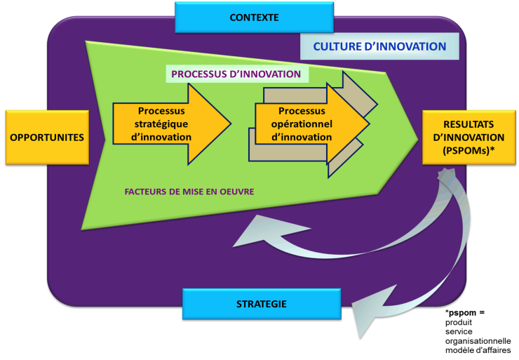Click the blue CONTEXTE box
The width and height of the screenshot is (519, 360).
coord(254,18)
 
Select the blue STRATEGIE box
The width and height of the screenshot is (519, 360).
coord(262,304)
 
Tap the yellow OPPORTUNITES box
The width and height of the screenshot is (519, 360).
coord(47,138)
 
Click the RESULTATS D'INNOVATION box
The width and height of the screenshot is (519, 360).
coord(469,138)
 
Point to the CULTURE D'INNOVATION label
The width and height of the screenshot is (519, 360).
coord(379,46)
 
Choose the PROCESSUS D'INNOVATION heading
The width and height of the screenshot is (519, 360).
coord(236,74)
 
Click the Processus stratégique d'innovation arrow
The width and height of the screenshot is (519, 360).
coord(172,124)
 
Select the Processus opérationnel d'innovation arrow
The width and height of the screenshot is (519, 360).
coord(312,124)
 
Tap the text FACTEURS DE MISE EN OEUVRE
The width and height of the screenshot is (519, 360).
coord(189,192)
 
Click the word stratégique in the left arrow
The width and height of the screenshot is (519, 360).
coord(161,124)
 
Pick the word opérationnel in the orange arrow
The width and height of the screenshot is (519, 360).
coord(302,124)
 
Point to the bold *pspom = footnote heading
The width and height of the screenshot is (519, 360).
coord(465,313)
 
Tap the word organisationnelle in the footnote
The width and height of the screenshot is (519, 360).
coord(478,341)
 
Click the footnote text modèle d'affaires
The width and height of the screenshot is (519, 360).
coord(478,350)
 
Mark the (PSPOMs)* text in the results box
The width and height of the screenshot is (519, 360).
coord(469,150)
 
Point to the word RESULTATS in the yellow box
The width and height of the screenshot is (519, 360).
coord(469,124)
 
